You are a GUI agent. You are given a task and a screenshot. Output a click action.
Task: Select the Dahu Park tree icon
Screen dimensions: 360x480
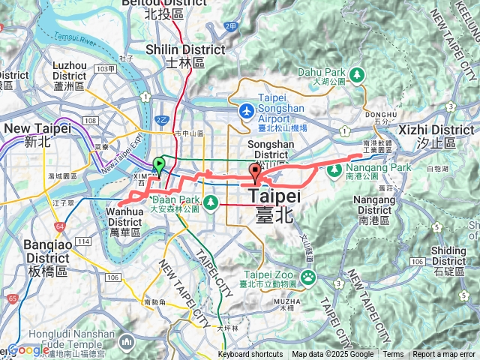pos(357,75)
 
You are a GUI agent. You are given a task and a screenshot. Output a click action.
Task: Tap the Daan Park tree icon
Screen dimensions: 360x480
pos(211,201)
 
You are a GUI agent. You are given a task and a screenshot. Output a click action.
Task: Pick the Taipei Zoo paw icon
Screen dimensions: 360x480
pos(307,277)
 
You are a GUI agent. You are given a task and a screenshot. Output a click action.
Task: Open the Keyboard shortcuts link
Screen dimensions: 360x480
pos(250,355)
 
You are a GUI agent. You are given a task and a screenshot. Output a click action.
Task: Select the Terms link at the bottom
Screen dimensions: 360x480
pos(393,355)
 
